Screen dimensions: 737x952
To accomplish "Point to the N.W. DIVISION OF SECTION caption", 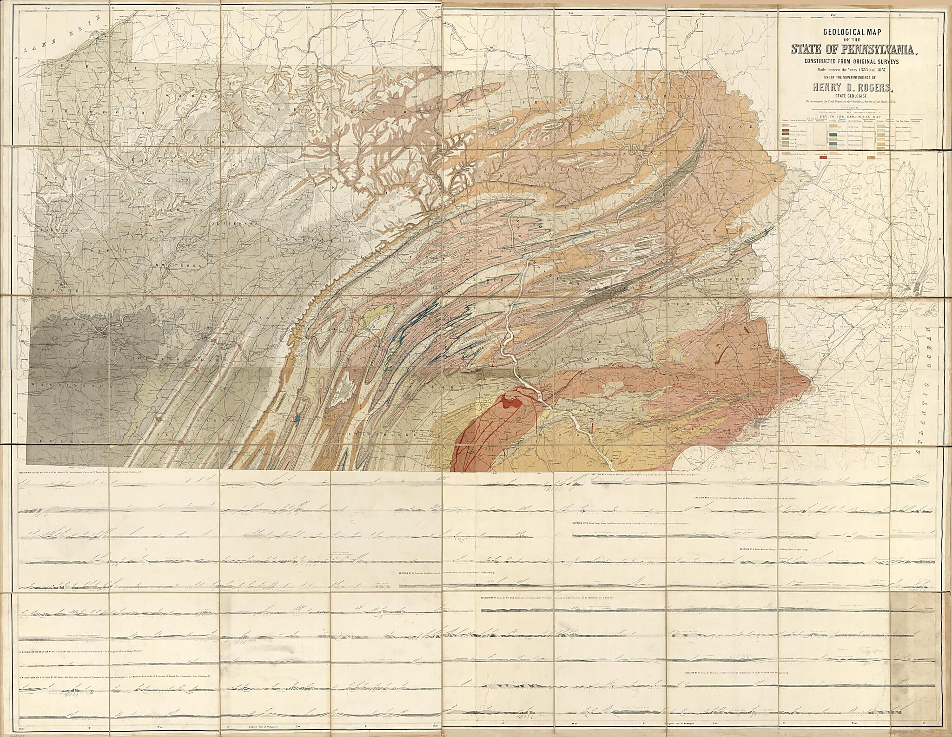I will click(79, 665).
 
